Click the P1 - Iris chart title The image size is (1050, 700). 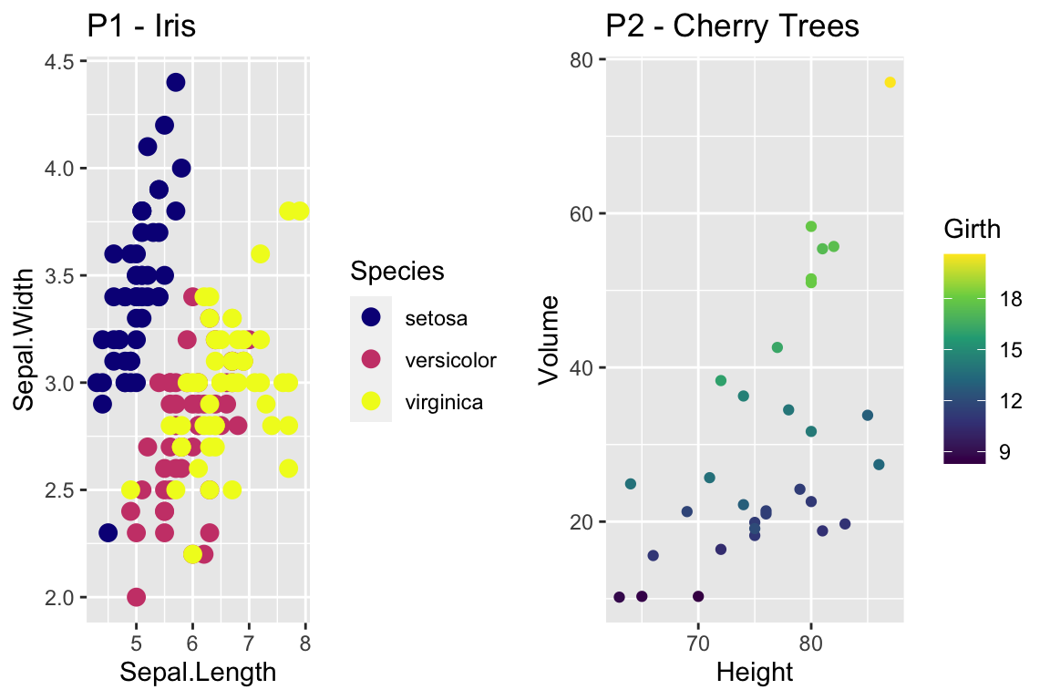[x=141, y=26]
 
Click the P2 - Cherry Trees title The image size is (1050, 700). [x=733, y=26]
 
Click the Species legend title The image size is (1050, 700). [x=397, y=271]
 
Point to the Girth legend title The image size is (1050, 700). [x=973, y=230]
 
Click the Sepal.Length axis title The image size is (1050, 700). [x=198, y=674]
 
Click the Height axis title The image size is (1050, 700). [x=755, y=674]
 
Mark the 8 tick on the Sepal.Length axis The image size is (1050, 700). [x=305, y=643]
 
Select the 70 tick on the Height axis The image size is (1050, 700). [x=698, y=643]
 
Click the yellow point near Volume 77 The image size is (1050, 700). [x=890, y=83]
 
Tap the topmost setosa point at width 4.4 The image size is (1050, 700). [x=176, y=83]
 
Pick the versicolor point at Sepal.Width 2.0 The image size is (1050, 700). [x=137, y=597]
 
